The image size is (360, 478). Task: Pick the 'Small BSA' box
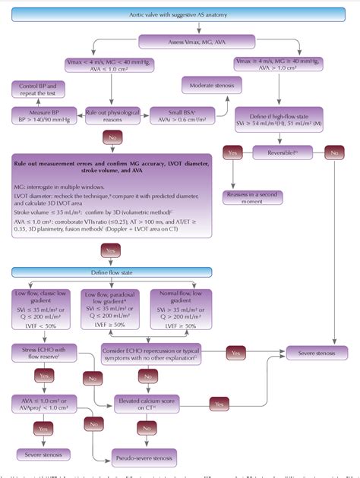tap(183, 115)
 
